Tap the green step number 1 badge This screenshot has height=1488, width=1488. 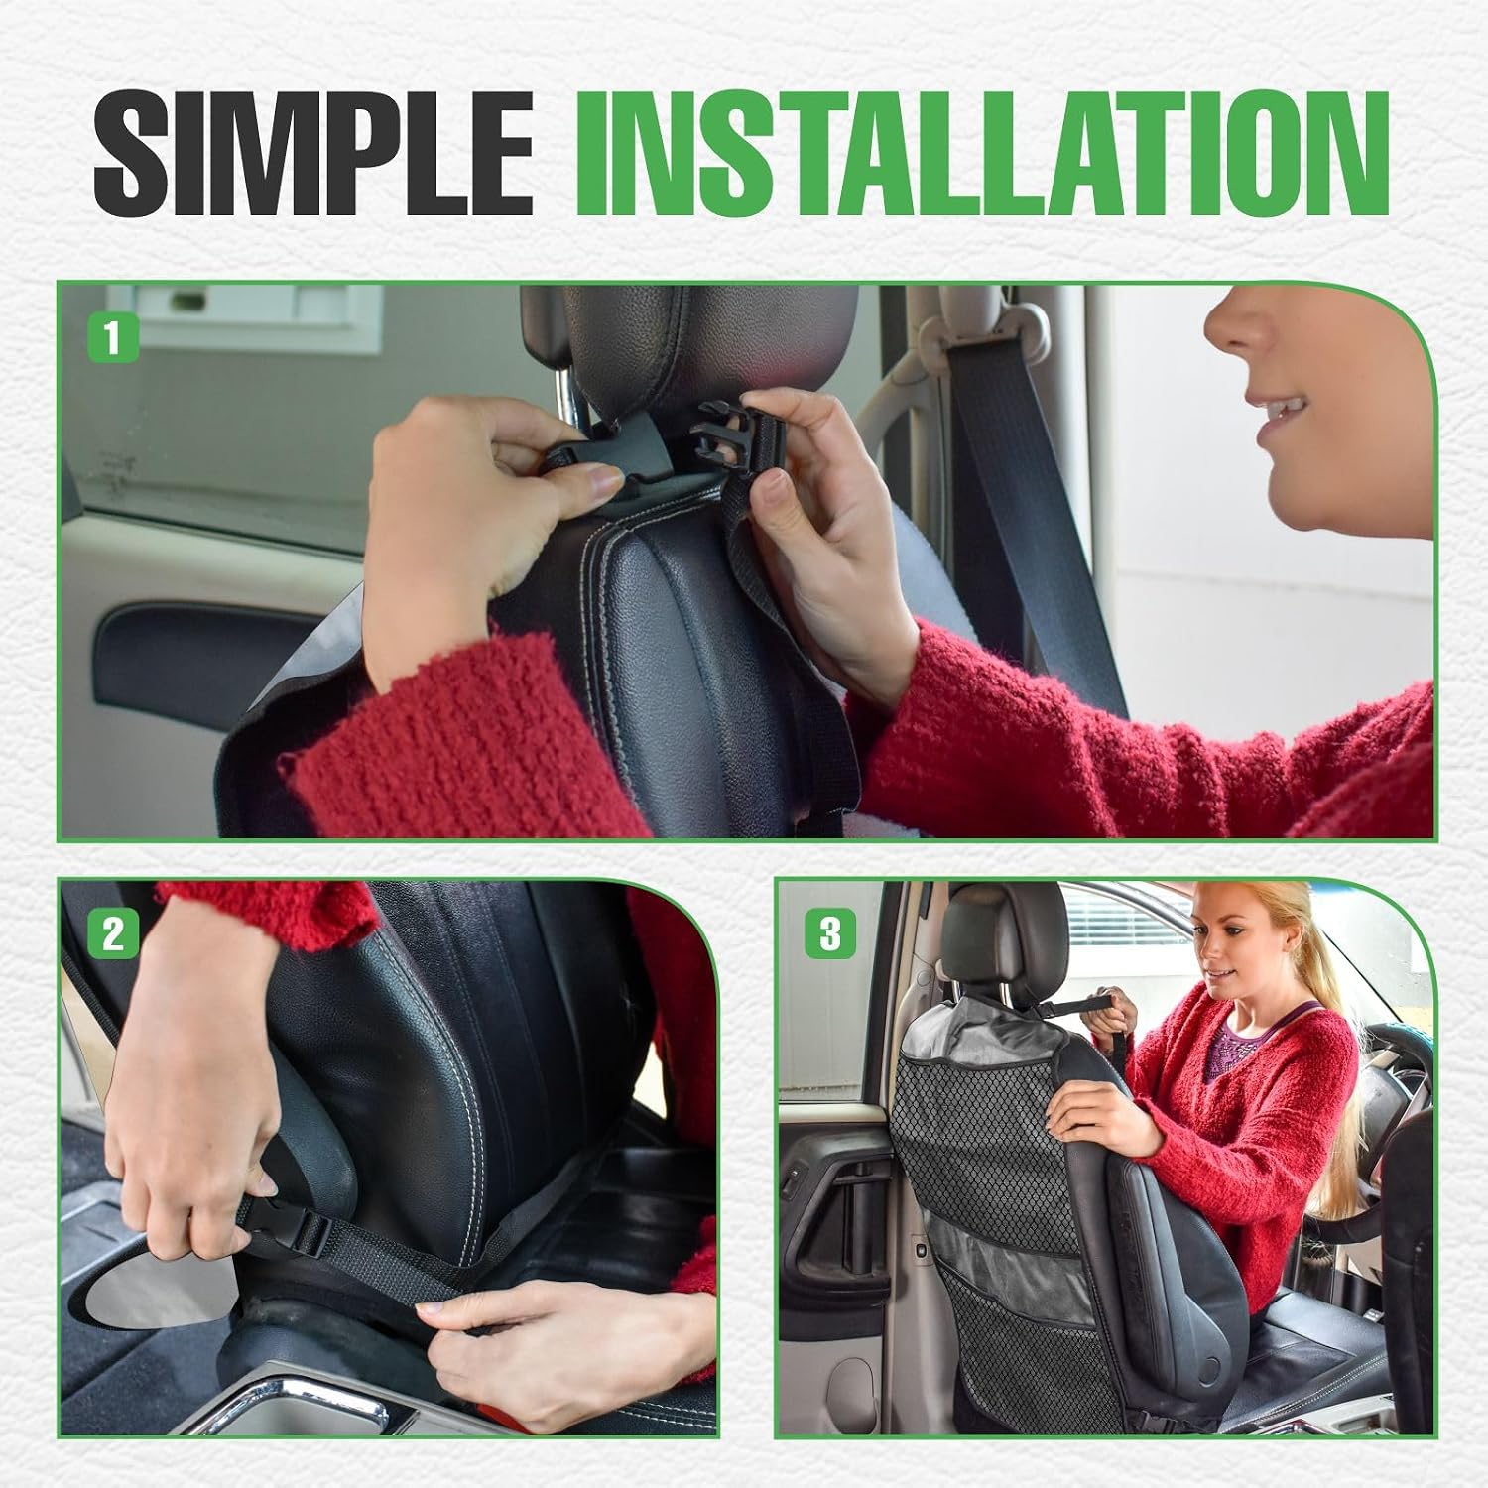[x=112, y=338]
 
